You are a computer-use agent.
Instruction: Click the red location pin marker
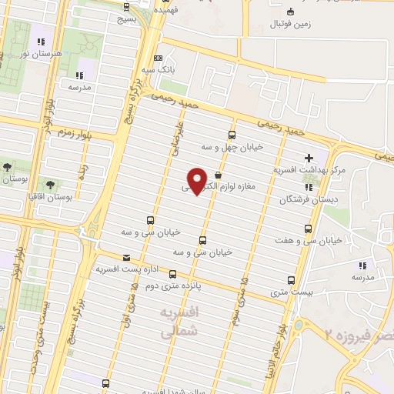(x=197, y=182)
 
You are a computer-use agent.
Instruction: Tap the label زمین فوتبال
(x=289, y=24)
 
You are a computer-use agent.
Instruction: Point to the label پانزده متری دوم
(x=172, y=284)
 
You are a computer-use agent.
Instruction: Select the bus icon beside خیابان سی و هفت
(x=309, y=229)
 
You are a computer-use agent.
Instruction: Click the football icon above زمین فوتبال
(x=290, y=11)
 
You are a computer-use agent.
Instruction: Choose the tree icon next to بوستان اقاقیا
(x=52, y=185)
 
